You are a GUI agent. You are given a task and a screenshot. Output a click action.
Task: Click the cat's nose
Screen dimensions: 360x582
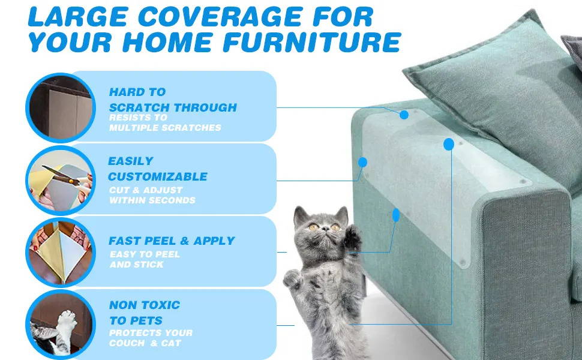(322, 229)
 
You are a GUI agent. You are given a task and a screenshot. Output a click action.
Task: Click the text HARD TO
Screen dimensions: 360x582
(137, 92)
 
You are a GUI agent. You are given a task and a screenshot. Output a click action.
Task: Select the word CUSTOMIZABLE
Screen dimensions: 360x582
(158, 176)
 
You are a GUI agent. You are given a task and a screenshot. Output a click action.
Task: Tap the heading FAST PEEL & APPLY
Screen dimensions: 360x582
(172, 241)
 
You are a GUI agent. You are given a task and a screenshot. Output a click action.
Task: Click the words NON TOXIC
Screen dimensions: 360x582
(145, 305)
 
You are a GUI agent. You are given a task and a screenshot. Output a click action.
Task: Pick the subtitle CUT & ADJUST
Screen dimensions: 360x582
(146, 190)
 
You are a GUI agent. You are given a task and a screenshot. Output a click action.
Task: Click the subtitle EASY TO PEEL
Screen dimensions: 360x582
(145, 254)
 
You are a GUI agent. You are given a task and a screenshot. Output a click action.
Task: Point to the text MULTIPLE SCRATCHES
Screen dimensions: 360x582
(165, 127)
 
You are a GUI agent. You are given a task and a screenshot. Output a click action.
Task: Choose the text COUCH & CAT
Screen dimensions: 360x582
(145, 343)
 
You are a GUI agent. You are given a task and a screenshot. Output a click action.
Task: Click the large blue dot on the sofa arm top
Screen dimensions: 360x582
(448, 144)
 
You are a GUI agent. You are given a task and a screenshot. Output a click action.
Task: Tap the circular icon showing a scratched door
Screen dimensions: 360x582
(58, 107)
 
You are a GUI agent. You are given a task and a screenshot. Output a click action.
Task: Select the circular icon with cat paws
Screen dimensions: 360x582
(58, 324)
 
